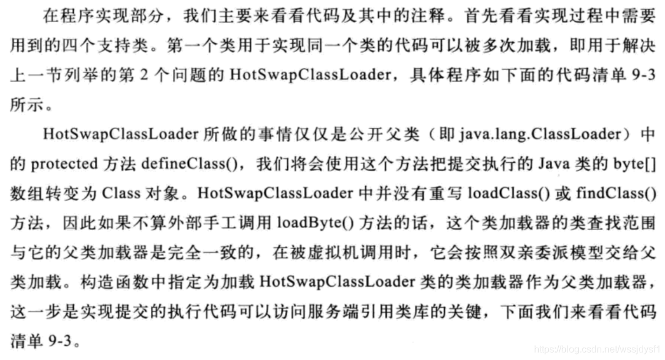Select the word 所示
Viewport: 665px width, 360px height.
pos(27,105)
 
